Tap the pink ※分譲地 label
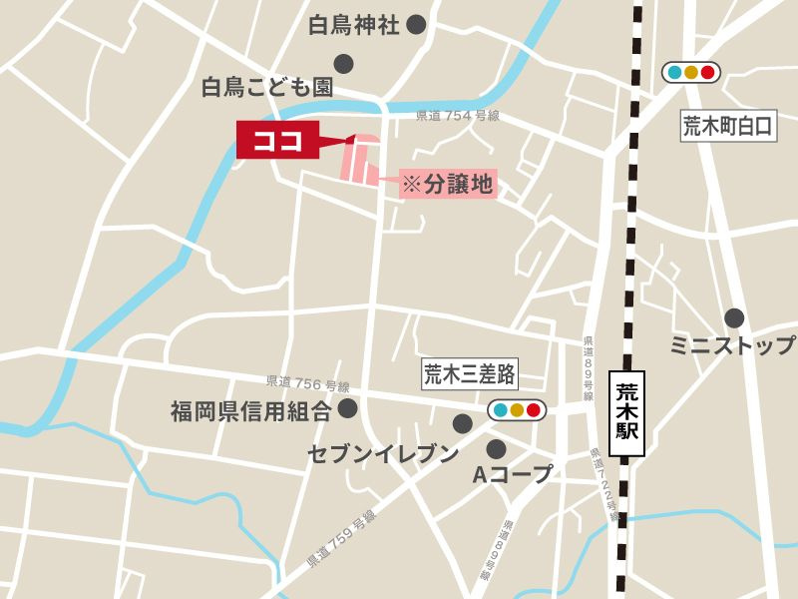tap(448, 184)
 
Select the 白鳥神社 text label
tap(353, 25)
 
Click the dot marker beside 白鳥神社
tap(416, 25)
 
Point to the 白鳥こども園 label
tap(266, 88)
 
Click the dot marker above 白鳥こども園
tap(344, 64)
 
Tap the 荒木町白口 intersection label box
tap(727, 126)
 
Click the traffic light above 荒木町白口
tap(690, 72)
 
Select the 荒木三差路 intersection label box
tap(469, 374)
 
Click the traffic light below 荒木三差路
tap(516, 409)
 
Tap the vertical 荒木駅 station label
tap(626, 413)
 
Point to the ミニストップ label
tap(733, 345)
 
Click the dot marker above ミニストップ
tap(734, 318)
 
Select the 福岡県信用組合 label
tap(250, 409)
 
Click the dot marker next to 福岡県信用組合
tap(347, 408)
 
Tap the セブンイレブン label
tap(383, 454)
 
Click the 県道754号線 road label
tap(456, 117)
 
